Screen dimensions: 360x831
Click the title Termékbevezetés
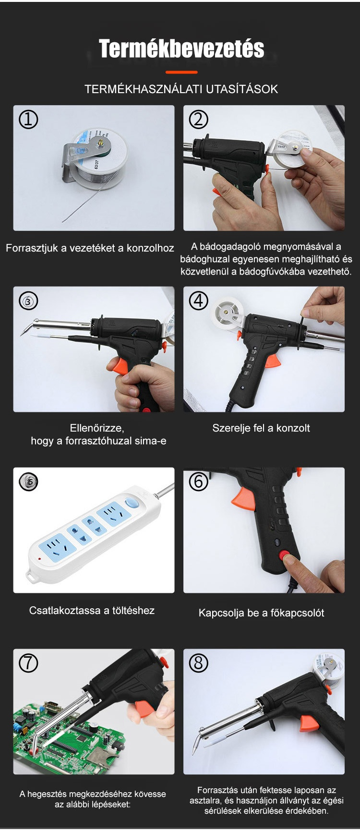click(181, 48)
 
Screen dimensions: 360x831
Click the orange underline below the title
click(181, 72)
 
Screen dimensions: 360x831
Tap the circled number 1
click(28, 119)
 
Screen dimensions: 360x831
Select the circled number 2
click(199, 119)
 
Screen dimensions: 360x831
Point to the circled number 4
click(199, 301)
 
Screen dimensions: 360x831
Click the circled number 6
click(199, 482)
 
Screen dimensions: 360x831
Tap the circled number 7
click(28, 663)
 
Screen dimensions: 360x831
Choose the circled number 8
click(199, 663)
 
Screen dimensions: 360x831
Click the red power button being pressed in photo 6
click(287, 556)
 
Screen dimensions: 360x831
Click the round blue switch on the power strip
click(131, 504)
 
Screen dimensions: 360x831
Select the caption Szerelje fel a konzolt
click(261, 428)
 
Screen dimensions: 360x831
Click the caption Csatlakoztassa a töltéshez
click(92, 611)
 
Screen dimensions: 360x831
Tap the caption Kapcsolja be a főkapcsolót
click(261, 613)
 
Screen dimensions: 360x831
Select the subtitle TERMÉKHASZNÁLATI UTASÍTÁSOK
click(181, 89)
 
